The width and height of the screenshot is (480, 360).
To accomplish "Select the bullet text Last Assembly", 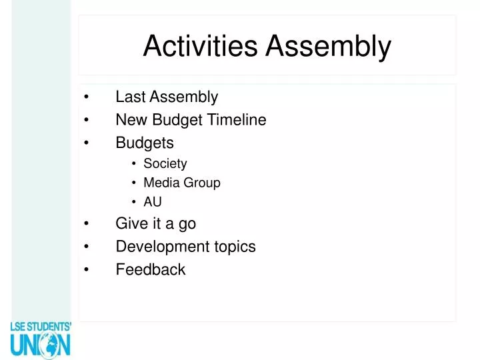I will point(167,97).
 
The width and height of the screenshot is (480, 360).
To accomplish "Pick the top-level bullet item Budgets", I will point(145,143).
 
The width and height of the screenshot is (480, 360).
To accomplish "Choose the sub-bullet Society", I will point(165,163).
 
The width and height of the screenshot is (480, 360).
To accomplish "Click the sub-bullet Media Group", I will point(181,183).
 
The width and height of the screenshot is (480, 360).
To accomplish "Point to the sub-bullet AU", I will point(153,201).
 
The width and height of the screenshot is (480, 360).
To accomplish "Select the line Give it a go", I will point(155,223).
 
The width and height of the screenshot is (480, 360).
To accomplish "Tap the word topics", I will point(235,247).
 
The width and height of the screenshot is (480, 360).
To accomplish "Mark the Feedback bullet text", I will point(151,269).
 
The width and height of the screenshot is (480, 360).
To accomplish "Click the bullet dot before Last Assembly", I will point(87,98).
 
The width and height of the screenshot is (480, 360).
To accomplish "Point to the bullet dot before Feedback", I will point(87,270).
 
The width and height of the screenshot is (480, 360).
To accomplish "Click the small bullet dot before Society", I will point(134,164).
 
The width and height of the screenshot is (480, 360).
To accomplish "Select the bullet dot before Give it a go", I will point(87,224).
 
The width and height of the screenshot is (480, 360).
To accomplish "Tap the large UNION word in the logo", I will point(40,345).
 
